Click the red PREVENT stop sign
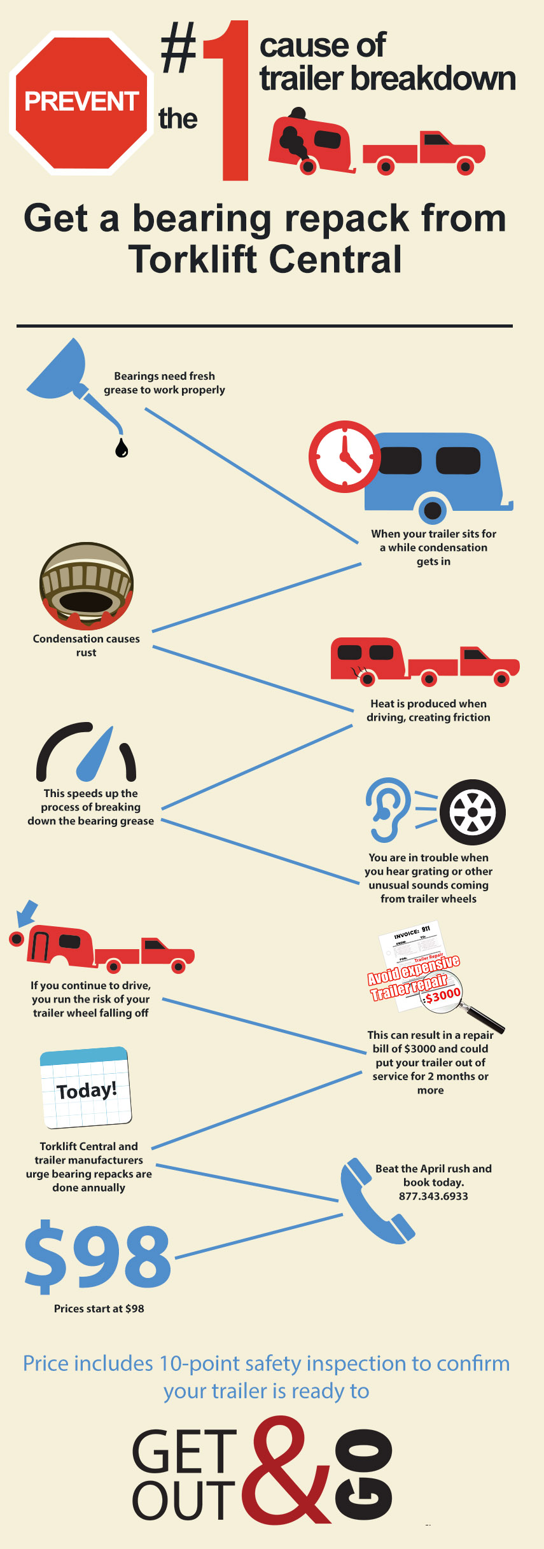click(81, 102)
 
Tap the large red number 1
click(229, 100)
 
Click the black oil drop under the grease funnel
click(122, 448)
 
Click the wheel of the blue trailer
click(433, 510)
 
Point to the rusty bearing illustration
click(87, 586)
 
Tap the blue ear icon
click(388, 809)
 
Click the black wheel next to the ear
click(473, 812)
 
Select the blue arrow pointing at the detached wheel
click(26, 913)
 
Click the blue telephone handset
click(375, 1201)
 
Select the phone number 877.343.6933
click(433, 1196)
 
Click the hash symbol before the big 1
click(179, 48)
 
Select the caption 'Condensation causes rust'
click(87, 645)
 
